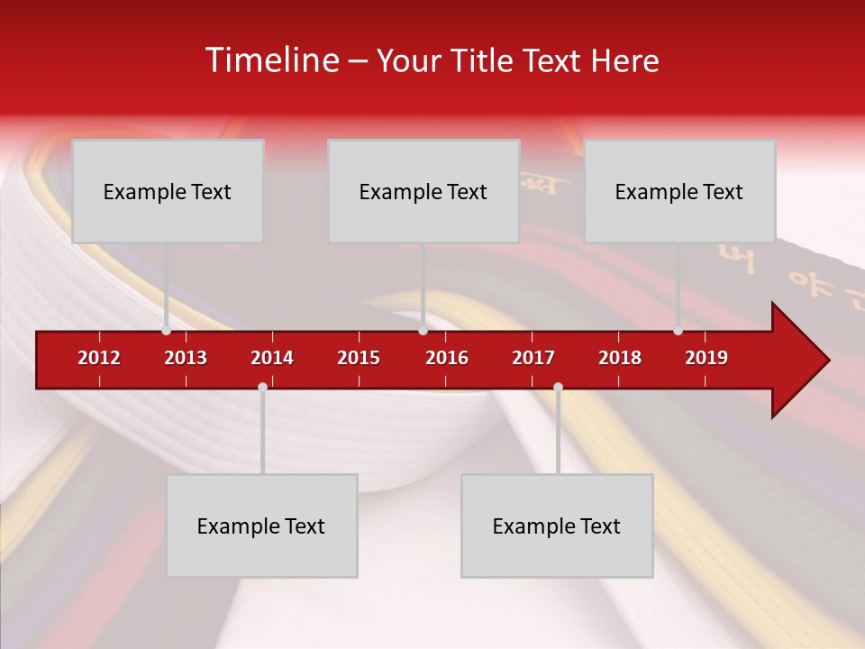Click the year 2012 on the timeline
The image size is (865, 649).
99,358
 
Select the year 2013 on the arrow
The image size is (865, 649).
186,358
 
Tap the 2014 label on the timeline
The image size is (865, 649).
272,358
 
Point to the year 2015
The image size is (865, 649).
359,358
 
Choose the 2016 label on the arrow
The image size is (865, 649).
447,358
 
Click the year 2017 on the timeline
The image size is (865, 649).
533,358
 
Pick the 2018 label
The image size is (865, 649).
620,358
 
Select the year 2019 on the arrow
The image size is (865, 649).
706,358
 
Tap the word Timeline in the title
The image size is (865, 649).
272,60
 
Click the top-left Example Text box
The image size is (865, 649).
168,191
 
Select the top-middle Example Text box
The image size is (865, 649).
423,191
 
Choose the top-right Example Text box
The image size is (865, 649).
679,191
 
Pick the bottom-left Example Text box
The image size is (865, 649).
261,526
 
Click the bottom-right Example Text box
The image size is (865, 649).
557,526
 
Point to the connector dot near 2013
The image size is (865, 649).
167,331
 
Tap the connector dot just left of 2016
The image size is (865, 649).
423,331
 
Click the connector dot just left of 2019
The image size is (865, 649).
678,331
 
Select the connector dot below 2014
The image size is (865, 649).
262,387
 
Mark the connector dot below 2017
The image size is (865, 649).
558,387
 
